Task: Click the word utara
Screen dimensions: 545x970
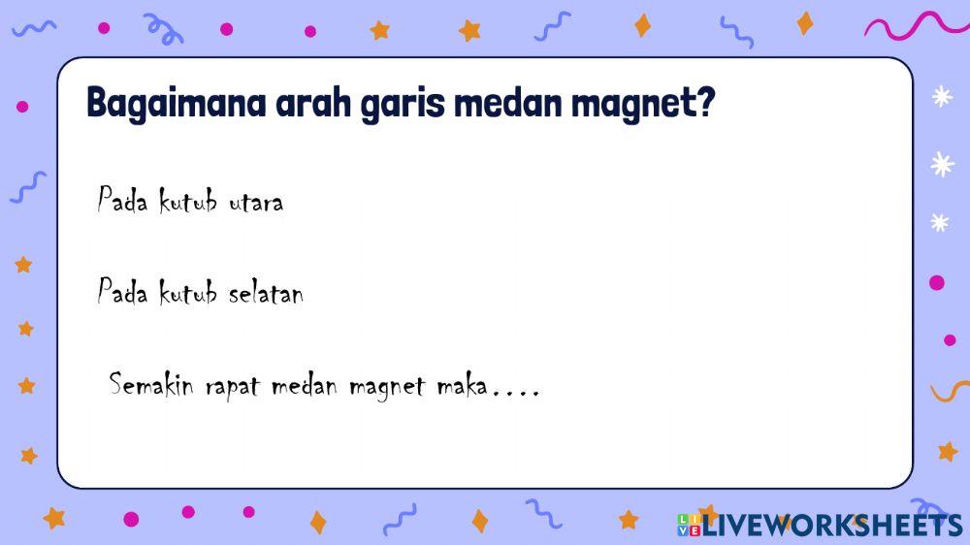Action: pos(256,203)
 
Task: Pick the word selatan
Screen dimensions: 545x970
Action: pos(266,292)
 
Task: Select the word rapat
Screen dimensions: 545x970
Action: pos(233,387)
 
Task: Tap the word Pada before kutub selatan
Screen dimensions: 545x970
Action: pos(122,291)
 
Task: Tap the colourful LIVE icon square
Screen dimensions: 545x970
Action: pos(688,525)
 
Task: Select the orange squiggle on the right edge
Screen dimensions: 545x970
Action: pos(950,391)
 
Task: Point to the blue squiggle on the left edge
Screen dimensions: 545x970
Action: pos(28,185)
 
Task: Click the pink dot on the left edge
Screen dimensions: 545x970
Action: pos(22,107)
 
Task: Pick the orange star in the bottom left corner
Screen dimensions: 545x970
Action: pos(54,518)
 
